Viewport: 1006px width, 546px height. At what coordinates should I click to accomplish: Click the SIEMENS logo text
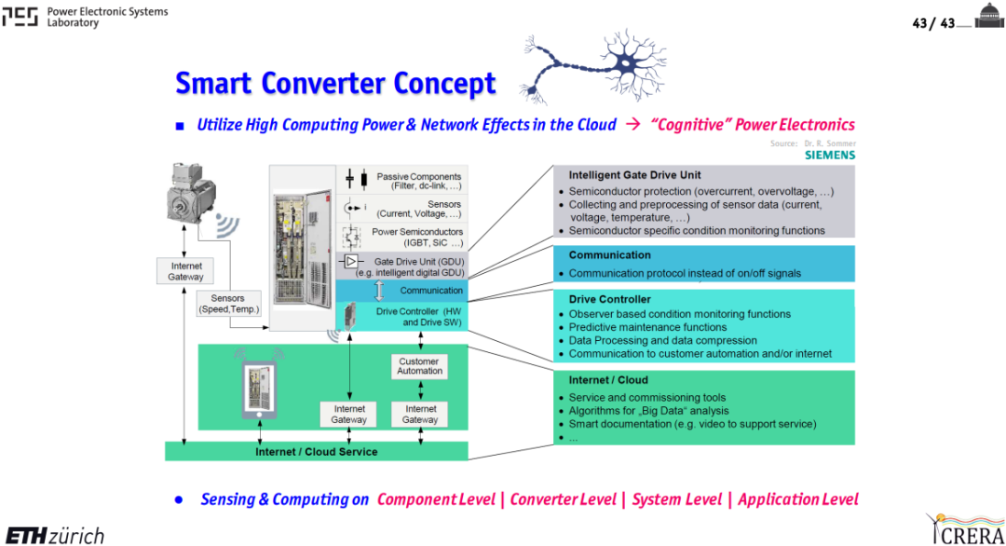pyautogui.click(x=830, y=155)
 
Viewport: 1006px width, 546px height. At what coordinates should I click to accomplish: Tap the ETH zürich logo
pyautogui.click(x=55, y=535)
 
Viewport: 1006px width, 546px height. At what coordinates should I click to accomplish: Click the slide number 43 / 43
pyautogui.click(x=932, y=23)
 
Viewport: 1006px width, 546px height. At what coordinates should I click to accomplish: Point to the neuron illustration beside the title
pyautogui.click(x=593, y=65)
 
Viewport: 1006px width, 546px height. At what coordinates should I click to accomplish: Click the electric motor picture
pyautogui.click(x=191, y=195)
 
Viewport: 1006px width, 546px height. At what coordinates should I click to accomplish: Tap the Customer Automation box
pyautogui.click(x=419, y=366)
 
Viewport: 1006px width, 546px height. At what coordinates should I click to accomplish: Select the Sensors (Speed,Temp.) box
pyautogui.click(x=228, y=304)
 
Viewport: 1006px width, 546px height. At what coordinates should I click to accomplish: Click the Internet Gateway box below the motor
pyautogui.click(x=185, y=271)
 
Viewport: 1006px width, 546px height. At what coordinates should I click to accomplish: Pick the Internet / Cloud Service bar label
pyautogui.click(x=317, y=452)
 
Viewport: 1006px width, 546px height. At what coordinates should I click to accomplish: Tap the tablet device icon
pyautogui.click(x=259, y=389)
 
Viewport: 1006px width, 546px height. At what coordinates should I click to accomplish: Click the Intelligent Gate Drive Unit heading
pyautogui.click(x=634, y=174)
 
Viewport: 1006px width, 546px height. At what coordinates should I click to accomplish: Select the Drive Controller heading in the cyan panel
pyautogui.click(x=609, y=299)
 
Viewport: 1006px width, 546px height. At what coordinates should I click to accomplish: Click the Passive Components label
pyautogui.click(x=419, y=181)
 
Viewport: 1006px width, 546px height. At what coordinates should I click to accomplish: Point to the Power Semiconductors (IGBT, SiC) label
pyautogui.click(x=417, y=237)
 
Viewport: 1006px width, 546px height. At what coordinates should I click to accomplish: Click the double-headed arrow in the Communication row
pyautogui.click(x=379, y=291)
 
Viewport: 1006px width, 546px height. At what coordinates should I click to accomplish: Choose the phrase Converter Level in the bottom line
pyautogui.click(x=563, y=499)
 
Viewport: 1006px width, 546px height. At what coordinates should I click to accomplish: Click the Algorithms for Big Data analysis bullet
pyautogui.click(x=648, y=411)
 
